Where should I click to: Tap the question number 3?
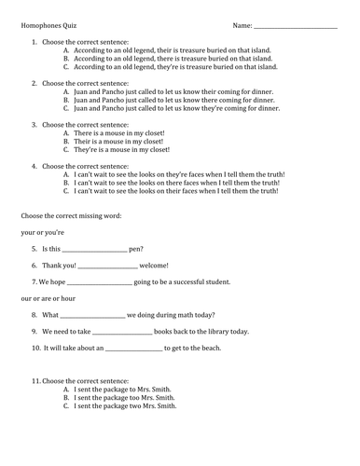click(35, 124)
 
